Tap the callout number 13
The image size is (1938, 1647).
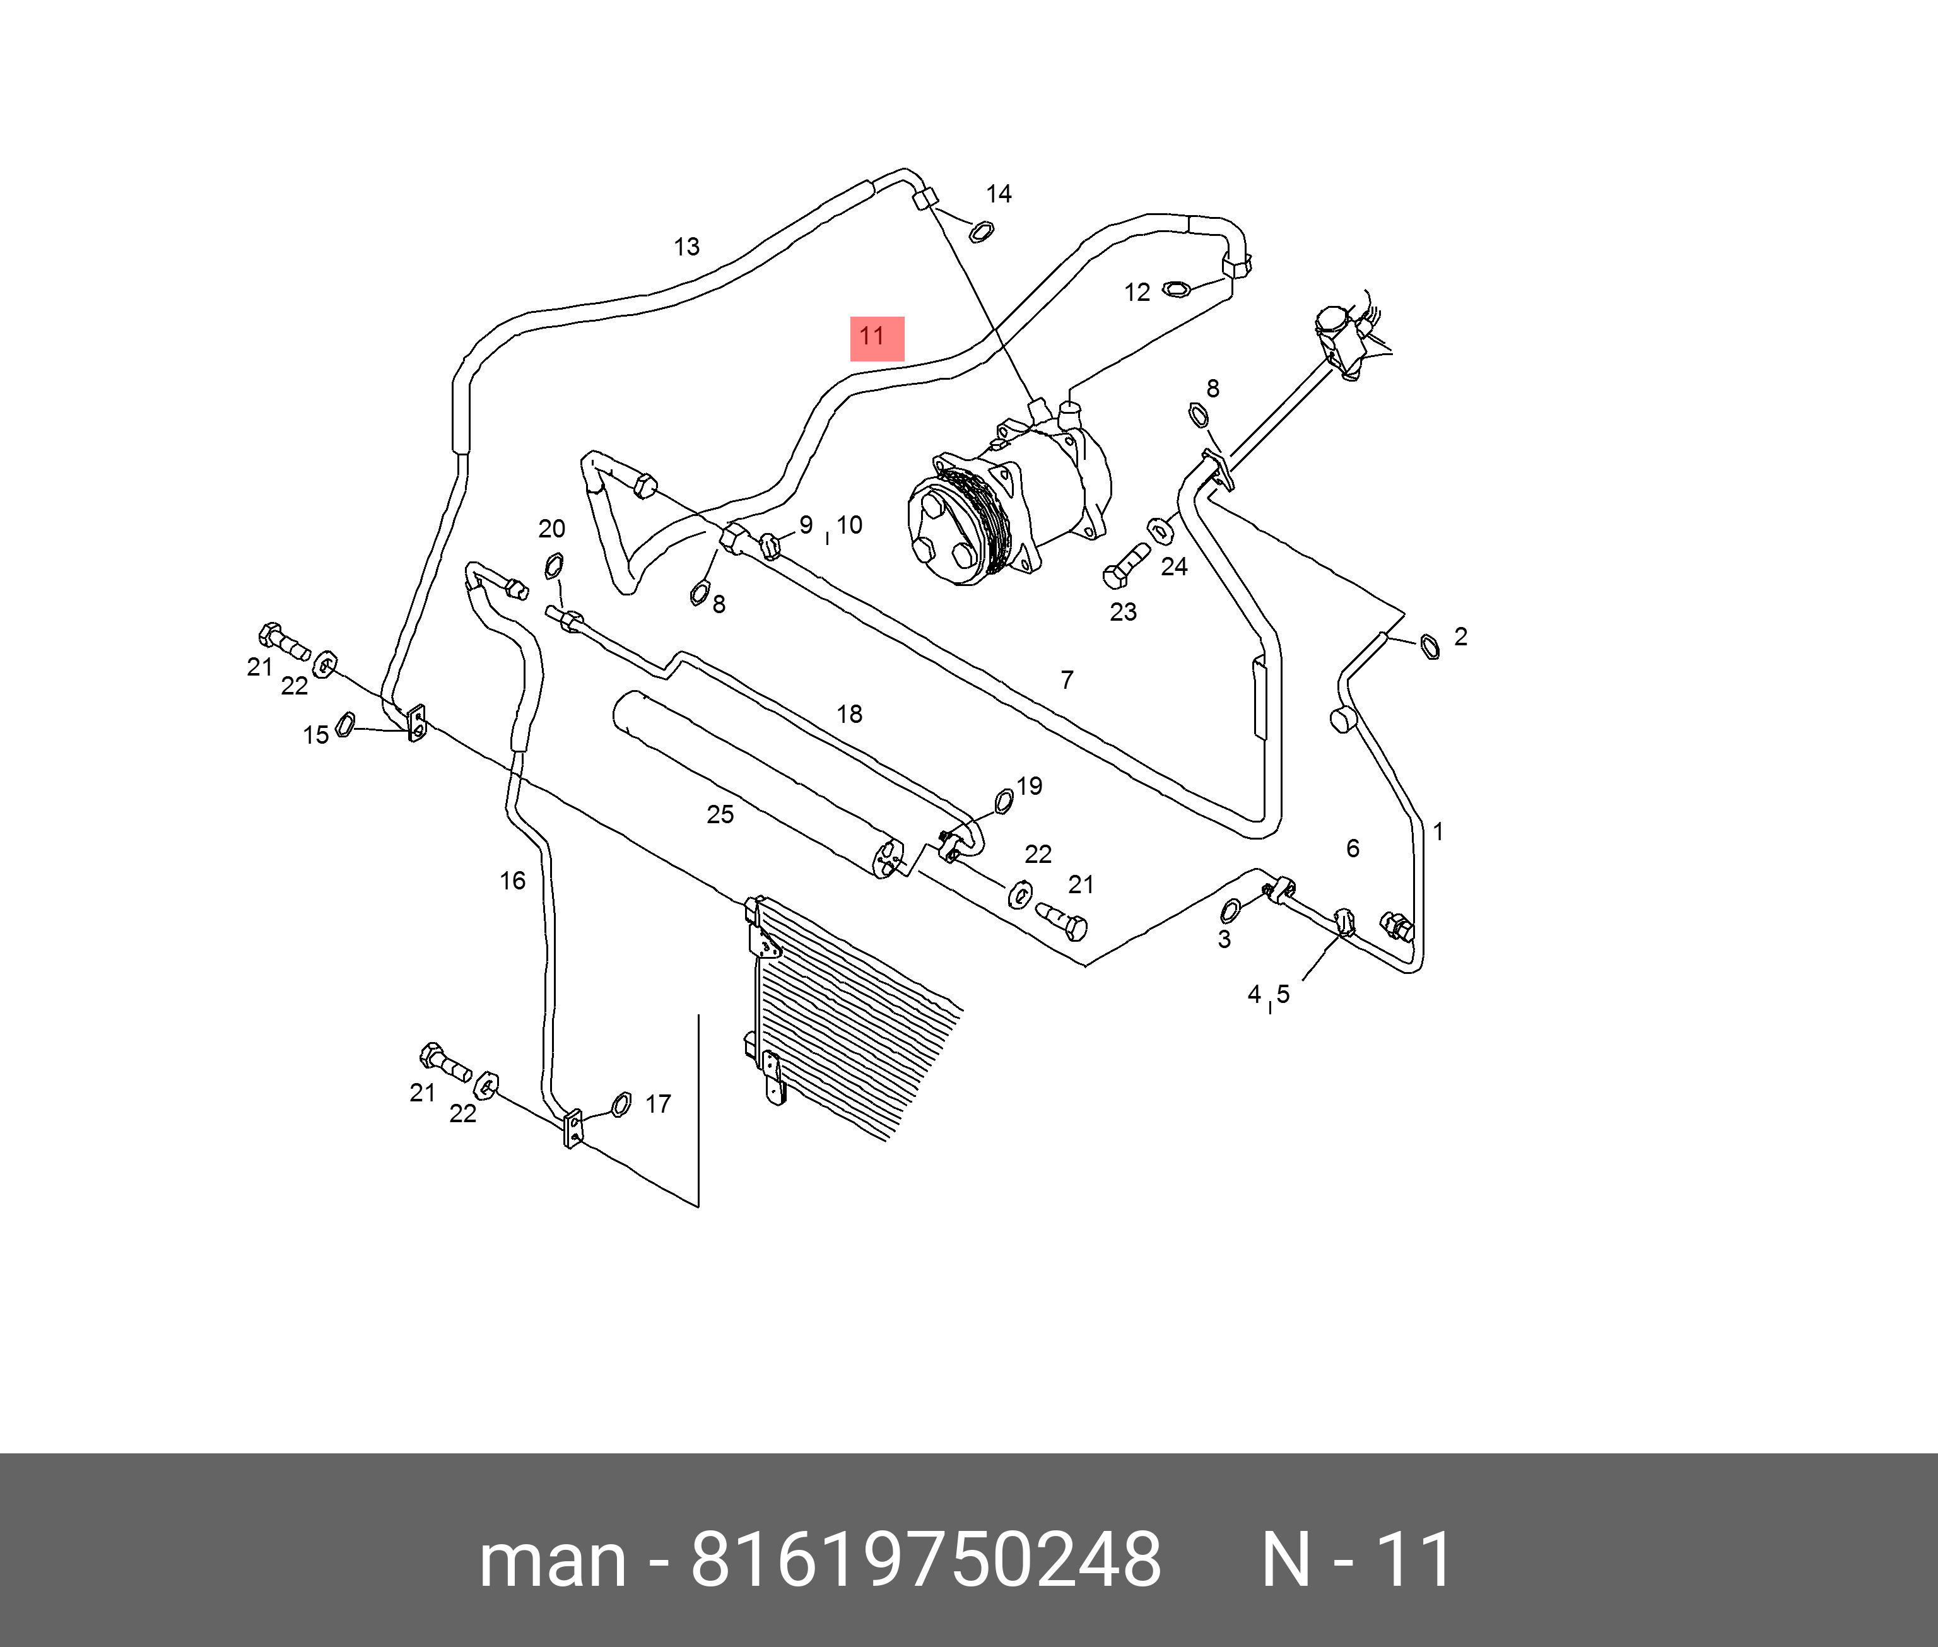[686, 247]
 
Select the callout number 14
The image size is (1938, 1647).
[998, 194]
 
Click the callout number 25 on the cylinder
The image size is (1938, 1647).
[720, 815]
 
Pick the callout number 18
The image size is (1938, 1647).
[849, 714]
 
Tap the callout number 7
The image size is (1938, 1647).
[1066, 680]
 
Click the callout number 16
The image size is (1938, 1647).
[512, 881]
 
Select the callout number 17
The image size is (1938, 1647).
[658, 1105]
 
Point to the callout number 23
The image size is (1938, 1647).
[1122, 612]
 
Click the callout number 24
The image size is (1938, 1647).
[1173, 566]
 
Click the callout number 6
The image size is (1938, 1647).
[1352, 848]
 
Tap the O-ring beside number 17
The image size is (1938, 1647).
[621, 1105]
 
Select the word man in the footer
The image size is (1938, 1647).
[552, 1559]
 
